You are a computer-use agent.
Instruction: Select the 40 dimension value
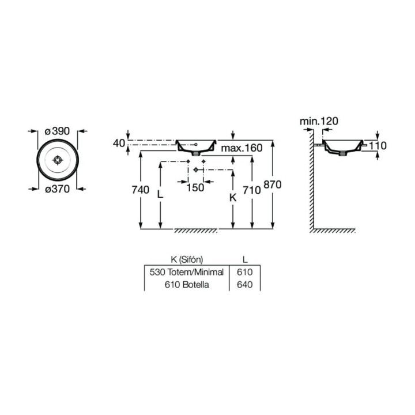coord(119,143)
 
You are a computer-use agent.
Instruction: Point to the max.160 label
coord(241,148)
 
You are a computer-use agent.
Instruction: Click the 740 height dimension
coord(140,190)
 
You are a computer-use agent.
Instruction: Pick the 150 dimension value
coord(195,187)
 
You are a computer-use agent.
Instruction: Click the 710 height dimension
coord(252,190)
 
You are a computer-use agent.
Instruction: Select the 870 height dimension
coord(271,186)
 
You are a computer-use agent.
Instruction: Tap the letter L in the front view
coord(161,194)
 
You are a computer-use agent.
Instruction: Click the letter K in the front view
coord(233,197)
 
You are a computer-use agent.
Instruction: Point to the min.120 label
coord(319,121)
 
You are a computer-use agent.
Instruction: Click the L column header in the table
coord(244,259)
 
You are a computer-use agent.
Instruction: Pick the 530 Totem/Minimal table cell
coord(186,271)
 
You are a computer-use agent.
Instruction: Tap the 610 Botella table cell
coord(186,285)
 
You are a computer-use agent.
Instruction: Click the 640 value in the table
coord(245,285)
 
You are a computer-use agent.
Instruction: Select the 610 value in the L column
coord(245,271)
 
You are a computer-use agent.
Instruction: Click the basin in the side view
coord(343,146)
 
